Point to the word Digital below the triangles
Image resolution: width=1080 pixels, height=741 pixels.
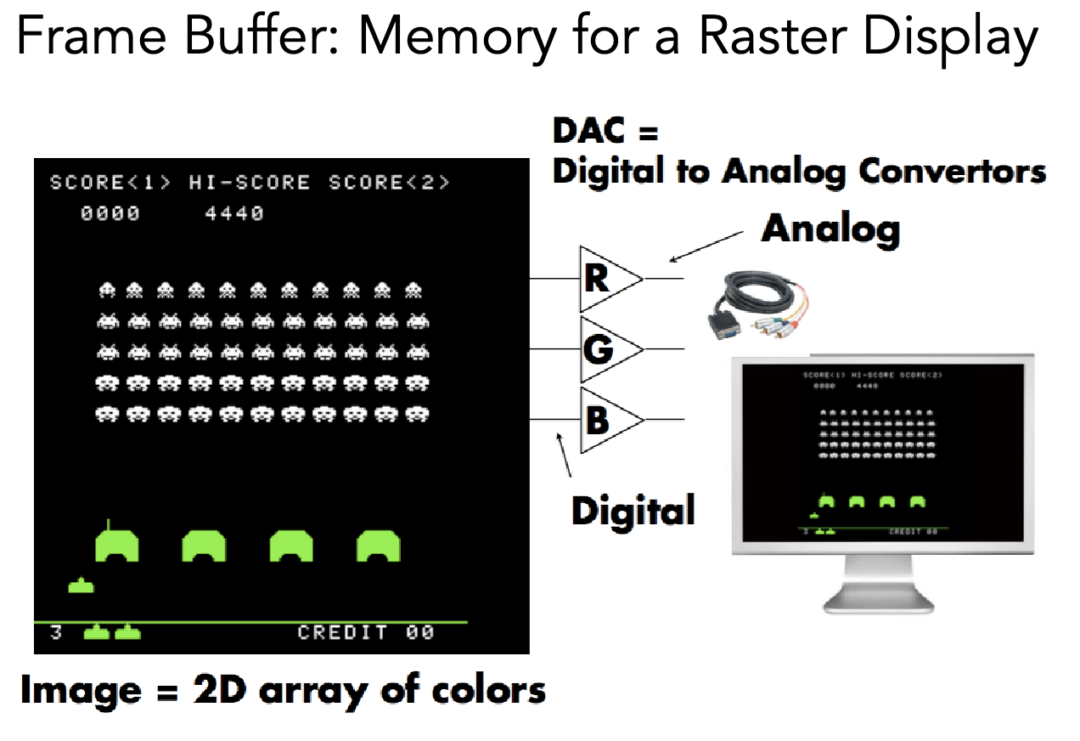tap(633, 510)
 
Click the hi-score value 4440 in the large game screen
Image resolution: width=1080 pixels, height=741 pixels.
tap(234, 213)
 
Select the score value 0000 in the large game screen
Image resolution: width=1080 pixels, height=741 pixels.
tap(110, 213)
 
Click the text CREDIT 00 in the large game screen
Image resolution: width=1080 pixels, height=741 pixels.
tap(366, 632)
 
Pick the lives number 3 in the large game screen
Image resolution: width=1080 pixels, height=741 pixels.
tap(56, 632)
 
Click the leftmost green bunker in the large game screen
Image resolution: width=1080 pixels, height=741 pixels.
tap(117, 545)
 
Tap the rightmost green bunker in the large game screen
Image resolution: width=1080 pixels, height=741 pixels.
tap(378, 545)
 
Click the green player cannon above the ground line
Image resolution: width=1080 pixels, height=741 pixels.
tap(81, 585)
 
